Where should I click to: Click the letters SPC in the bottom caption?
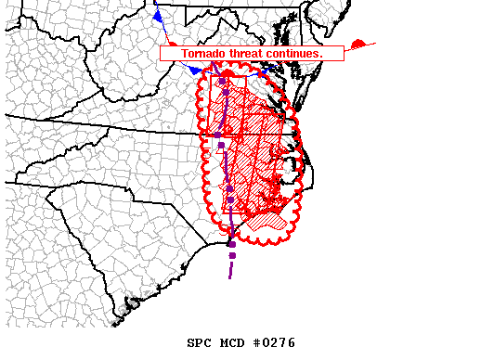click(198, 343)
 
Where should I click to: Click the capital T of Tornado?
click(184, 54)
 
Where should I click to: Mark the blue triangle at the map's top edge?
click(159, 17)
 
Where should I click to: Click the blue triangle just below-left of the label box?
click(194, 70)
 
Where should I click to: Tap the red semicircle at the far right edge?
click(359, 44)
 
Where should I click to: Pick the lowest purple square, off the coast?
click(232, 255)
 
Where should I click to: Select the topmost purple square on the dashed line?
click(222, 83)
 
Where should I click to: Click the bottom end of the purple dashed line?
click(229, 276)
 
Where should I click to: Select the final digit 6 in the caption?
click(291, 343)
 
